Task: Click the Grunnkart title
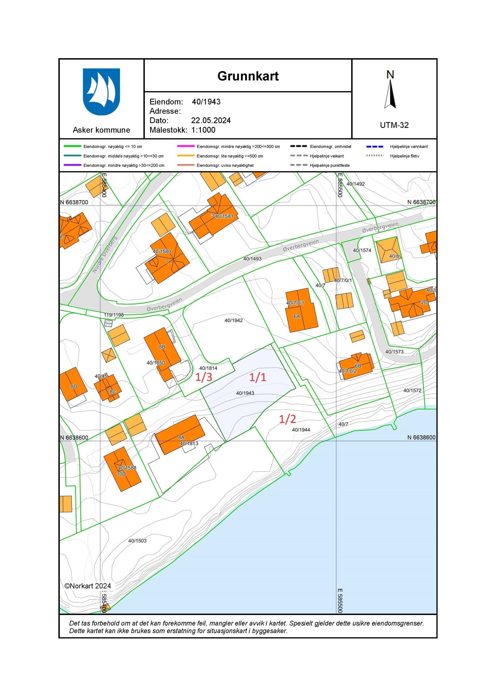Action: [248, 76]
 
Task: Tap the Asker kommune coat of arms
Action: [101, 92]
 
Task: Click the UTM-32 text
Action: [394, 125]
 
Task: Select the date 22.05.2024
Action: [211, 121]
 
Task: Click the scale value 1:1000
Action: [203, 130]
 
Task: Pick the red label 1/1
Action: [258, 377]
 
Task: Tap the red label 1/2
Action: [287, 419]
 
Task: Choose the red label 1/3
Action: [204, 377]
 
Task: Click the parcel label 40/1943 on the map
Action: [245, 393]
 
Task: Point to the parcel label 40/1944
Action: [301, 430]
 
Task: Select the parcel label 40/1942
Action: [233, 320]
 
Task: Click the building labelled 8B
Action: [162, 347]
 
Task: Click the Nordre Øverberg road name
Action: [105, 255]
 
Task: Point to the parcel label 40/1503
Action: [137, 541]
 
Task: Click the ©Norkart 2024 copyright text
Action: [87, 586]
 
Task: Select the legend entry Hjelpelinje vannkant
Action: [409, 147]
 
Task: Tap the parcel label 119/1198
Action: [114, 315]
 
